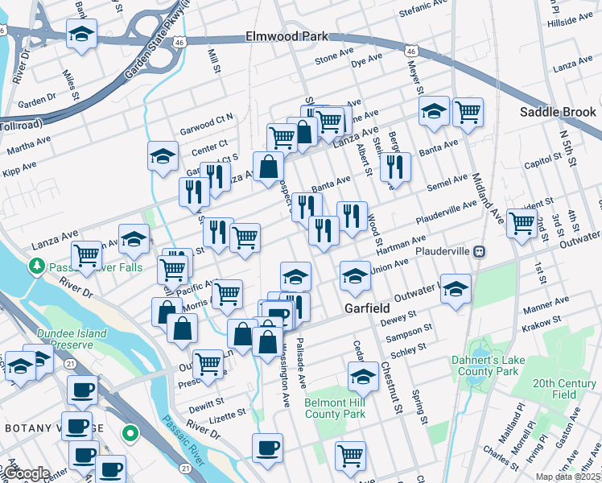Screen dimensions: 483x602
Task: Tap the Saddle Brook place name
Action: point(558,112)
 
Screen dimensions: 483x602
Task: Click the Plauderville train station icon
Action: point(479,251)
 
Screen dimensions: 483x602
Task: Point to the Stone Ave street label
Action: point(335,58)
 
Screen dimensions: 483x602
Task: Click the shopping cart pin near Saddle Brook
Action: point(468,113)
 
